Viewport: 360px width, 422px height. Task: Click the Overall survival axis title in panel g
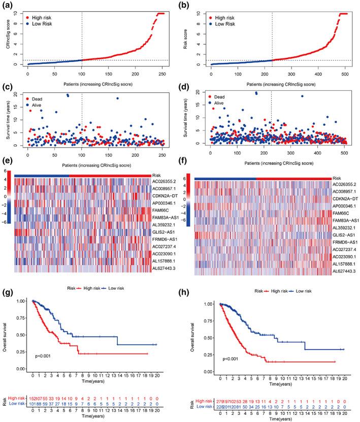coord(8,335)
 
